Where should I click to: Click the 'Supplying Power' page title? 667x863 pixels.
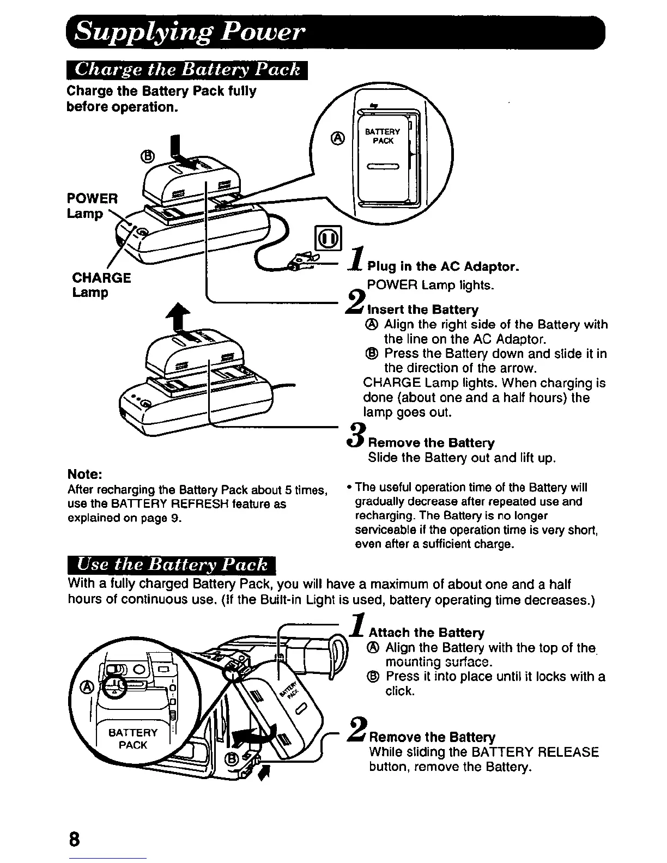[x=187, y=33]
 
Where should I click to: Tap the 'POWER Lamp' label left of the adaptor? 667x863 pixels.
[x=92, y=205]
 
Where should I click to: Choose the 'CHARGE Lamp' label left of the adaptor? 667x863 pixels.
[x=101, y=285]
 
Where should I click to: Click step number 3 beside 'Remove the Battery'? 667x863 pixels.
[x=356, y=436]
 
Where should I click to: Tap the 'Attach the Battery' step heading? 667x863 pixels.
[x=427, y=633]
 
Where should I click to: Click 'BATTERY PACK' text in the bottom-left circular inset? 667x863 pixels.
[x=133, y=738]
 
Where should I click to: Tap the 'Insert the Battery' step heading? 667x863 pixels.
[x=423, y=309]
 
